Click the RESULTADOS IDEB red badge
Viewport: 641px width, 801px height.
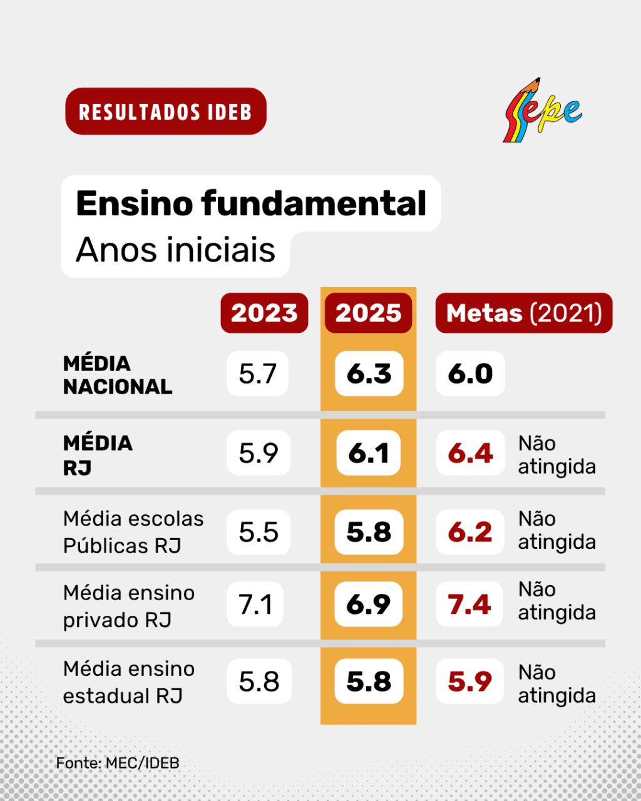click(166, 111)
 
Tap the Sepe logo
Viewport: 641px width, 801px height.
click(542, 110)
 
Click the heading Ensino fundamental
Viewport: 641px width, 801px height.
click(251, 203)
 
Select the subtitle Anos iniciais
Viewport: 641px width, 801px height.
click(175, 250)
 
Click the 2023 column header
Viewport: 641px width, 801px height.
click(264, 313)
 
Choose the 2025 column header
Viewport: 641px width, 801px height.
click(368, 313)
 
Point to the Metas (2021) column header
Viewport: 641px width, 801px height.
click(524, 313)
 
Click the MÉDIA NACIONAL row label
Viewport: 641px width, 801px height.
click(118, 375)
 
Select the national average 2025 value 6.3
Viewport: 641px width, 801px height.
click(369, 374)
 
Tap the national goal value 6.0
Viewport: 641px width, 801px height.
click(470, 374)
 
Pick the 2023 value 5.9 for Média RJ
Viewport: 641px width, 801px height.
click(259, 452)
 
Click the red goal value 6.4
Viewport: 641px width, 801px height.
click(470, 452)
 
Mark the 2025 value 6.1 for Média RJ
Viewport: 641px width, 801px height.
click(368, 452)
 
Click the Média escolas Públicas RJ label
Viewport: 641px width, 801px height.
click(133, 532)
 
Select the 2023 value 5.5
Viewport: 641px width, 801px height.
click(259, 532)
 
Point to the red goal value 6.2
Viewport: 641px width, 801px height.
click(470, 532)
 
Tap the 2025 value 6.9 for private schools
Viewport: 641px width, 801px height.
click(368, 604)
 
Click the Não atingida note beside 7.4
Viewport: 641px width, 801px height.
click(557, 601)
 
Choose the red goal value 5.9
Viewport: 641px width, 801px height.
click(470, 681)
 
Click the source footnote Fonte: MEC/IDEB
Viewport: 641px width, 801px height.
click(118, 763)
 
